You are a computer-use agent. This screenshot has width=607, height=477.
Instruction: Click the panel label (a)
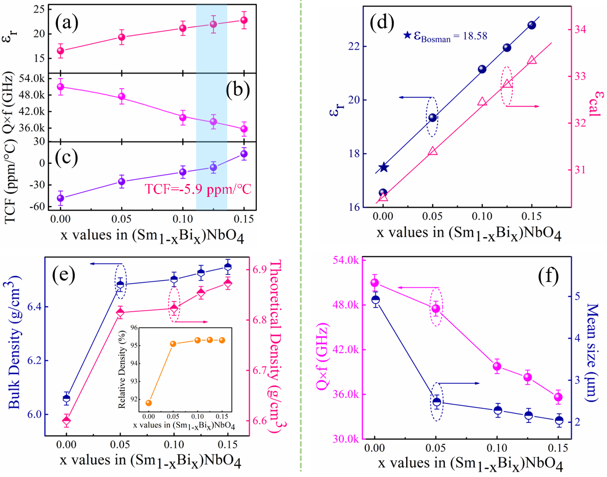tap(66, 22)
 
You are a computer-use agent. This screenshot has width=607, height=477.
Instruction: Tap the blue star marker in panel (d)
tap(384, 167)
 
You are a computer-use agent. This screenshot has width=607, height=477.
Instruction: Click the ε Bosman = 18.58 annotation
tap(446, 36)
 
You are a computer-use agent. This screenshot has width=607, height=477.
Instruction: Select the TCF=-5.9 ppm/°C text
tap(198, 189)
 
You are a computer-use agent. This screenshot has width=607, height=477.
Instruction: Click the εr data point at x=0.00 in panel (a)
tap(60, 51)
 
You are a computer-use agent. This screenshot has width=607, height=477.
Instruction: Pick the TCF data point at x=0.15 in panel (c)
tap(244, 154)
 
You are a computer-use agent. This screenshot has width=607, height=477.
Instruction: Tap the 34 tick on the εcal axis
tap(580, 29)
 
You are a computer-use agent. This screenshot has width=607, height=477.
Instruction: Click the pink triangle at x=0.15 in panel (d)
tap(532, 60)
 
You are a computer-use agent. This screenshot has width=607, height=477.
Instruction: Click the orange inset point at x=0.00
tap(149, 403)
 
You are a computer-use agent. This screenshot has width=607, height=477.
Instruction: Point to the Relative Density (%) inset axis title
tap(122, 368)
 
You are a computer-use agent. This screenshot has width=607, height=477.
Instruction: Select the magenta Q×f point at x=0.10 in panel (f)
tap(497, 367)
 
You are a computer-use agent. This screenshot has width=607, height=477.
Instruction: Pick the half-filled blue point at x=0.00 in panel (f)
tap(375, 300)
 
